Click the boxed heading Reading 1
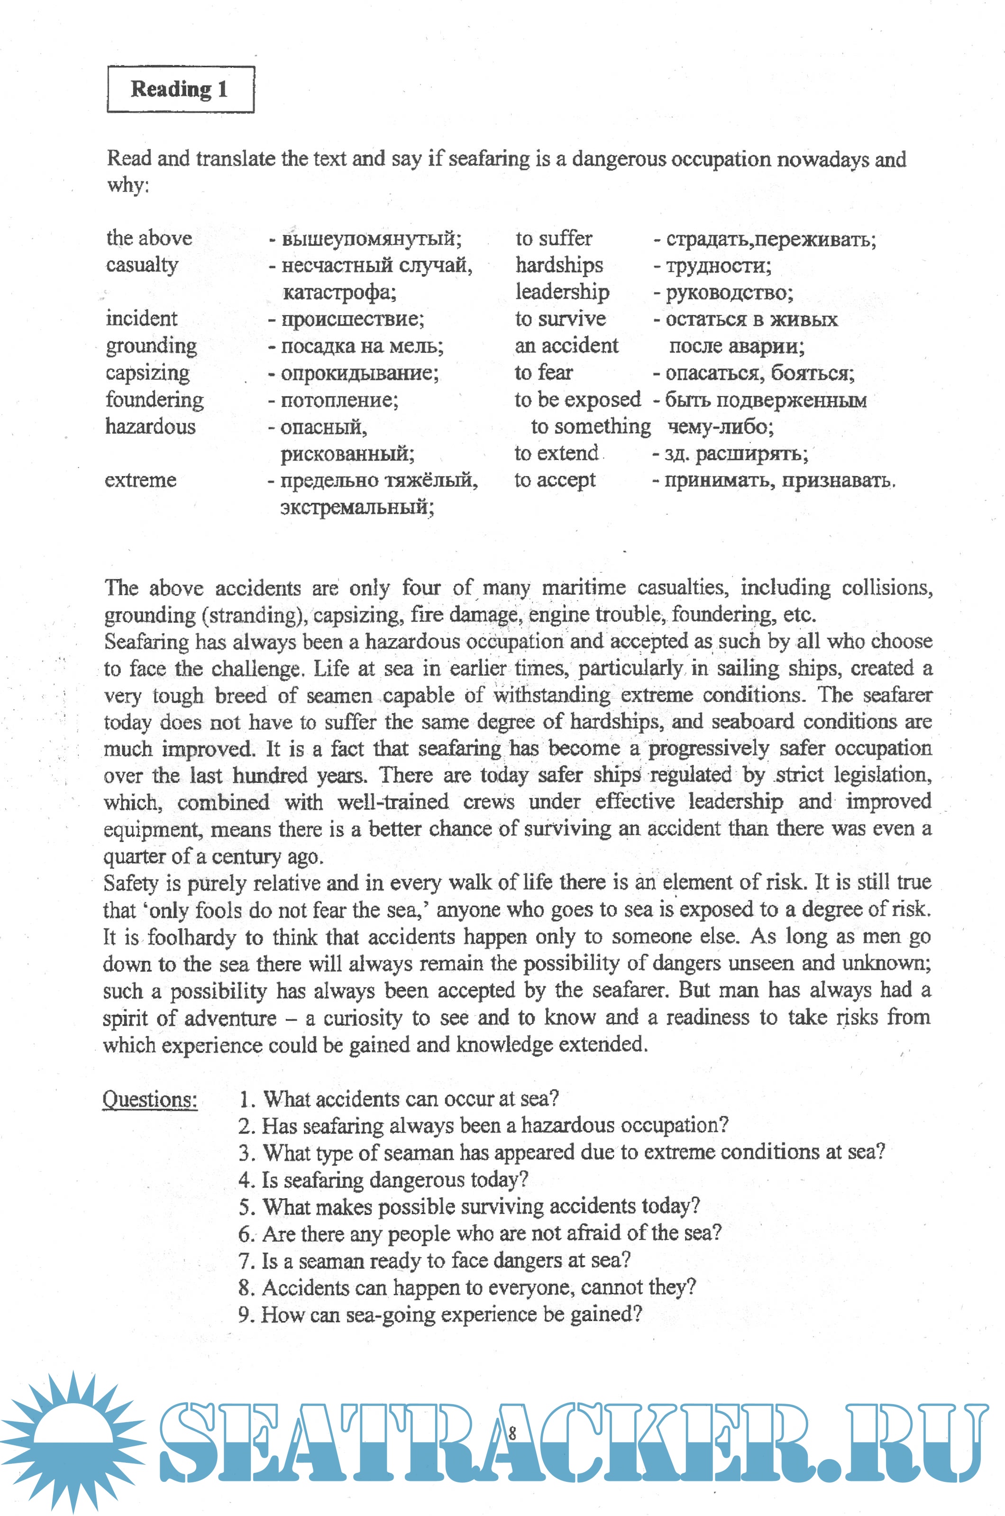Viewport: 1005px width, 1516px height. tap(180, 89)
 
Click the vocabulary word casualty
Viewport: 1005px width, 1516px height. tap(142, 265)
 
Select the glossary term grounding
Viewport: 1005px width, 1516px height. tap(151, 346)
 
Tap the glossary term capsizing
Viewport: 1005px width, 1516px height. tap(147, 373)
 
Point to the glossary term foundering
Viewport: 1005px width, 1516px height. tap(155, 400)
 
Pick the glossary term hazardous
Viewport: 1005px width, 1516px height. tap(150, 426)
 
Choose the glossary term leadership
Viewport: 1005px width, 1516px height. tap(562, 292)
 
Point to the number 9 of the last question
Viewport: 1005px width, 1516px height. tap(244, 1314)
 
